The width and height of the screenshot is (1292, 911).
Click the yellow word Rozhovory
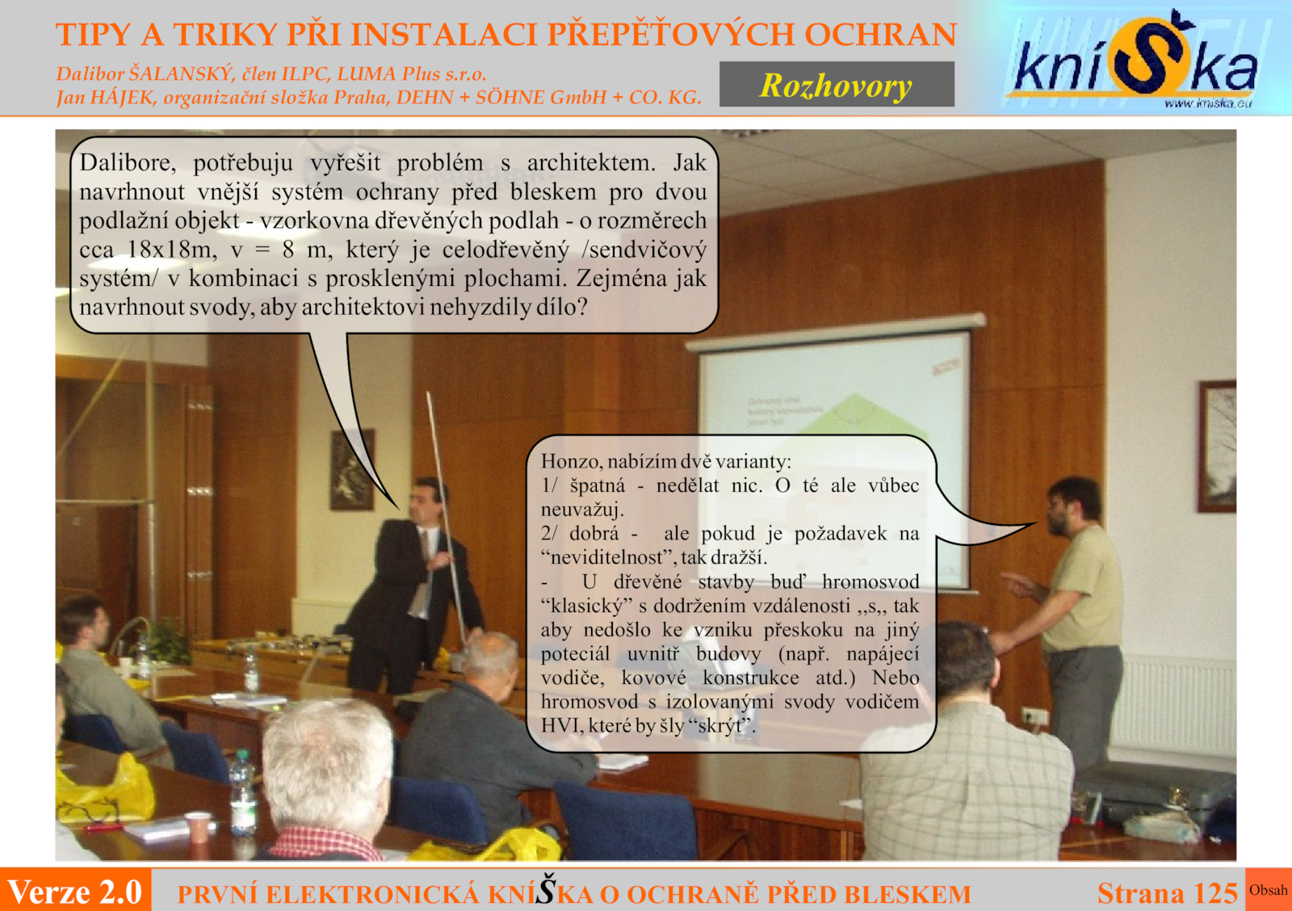click(836, 86)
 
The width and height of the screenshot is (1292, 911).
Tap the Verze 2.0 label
click(75, 892)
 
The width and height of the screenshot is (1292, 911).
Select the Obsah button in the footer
click(1269, 890)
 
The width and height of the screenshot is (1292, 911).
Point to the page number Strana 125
click(1168, 893)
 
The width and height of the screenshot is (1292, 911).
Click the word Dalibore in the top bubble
click(128, 162)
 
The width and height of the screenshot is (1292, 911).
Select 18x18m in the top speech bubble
click(171, 250)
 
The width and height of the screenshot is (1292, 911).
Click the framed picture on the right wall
click(1216, 446)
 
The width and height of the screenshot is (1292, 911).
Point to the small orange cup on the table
click(198, 827)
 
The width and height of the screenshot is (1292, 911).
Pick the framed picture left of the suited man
click(352, 470)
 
